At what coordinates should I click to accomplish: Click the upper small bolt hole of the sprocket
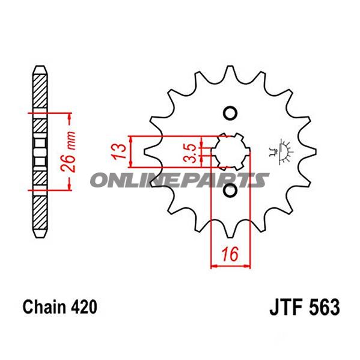[230, 112]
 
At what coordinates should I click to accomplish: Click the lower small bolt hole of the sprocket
[230, 191]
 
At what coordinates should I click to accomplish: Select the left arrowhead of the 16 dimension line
[212, 265]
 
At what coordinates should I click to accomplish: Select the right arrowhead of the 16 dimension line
[247, 265]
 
